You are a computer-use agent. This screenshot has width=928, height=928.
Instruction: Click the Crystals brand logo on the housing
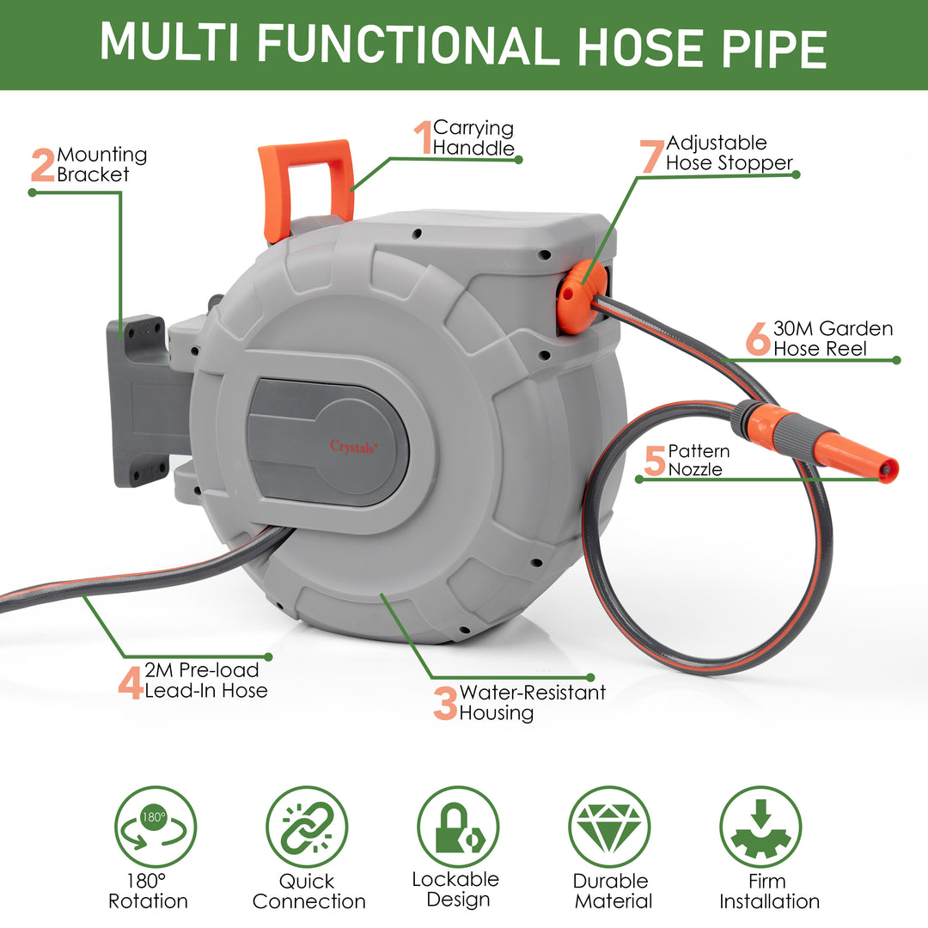(353, 445)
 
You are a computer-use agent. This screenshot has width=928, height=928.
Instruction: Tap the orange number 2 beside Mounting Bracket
(42, 166)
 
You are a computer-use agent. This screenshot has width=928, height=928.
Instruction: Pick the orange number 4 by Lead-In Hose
(131, 682)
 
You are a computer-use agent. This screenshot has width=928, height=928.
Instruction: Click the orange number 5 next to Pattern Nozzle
(655, 461)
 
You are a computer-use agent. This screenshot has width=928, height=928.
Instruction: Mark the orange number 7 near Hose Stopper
(652, 156)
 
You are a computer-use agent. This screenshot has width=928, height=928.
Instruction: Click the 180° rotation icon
(156, 827)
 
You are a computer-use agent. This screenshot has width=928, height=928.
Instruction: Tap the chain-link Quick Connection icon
(307, 827)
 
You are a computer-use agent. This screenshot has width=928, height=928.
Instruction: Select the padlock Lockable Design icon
(458, 827)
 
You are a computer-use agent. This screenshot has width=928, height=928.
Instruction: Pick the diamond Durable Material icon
(610, 827)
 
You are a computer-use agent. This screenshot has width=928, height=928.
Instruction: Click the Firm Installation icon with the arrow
(760, 827)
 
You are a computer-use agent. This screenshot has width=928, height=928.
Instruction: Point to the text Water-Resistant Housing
(532, 703)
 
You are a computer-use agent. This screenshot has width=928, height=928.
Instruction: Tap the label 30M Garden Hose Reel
(833, 339)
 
